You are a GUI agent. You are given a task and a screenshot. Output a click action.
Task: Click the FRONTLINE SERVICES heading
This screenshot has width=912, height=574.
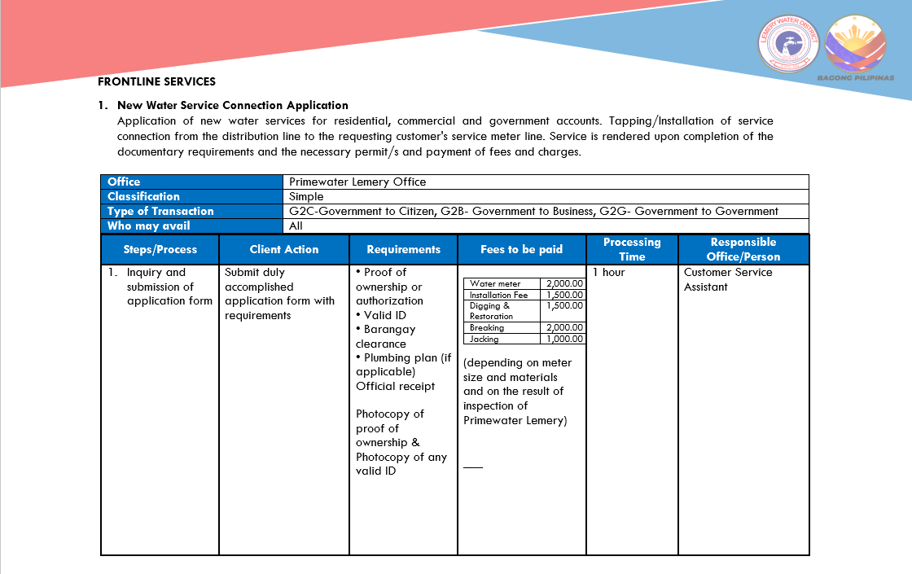pos(156,81)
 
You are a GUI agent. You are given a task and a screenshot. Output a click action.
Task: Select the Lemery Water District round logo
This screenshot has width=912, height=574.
pos(788,44)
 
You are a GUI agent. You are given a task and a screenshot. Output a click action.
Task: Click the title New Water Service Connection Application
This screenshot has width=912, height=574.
pos(233,105)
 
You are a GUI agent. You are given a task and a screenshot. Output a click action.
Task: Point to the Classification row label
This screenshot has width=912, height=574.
pos(143,196)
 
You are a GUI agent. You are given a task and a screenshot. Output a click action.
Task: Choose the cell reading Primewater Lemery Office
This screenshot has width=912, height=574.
pos(357,182)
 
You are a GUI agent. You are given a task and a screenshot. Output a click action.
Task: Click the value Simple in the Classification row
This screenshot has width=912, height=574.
pos(306,196)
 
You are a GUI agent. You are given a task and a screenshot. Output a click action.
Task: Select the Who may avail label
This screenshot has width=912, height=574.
pos(148,226)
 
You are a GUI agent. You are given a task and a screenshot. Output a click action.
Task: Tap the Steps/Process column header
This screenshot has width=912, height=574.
pos(160,249)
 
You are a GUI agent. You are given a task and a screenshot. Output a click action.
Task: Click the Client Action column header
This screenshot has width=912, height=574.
pos(284,249)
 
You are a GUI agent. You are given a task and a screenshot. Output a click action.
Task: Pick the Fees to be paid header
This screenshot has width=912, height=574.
pos(521,249)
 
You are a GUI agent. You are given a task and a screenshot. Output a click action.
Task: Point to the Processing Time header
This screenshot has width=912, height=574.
pos(632,249)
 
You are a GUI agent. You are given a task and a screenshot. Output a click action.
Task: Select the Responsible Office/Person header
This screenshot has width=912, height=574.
pos(743,249)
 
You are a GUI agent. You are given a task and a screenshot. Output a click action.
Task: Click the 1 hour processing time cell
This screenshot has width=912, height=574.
pos(608,272)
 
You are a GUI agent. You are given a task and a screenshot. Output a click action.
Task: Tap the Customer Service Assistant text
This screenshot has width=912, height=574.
pos(728,279)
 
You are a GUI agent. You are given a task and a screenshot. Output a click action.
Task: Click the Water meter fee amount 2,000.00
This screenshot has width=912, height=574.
pos(564,283)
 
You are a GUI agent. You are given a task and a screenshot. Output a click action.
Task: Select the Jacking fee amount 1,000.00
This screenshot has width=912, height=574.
pos(564,339)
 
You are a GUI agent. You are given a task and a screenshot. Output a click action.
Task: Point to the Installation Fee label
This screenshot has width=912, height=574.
pos(498,295)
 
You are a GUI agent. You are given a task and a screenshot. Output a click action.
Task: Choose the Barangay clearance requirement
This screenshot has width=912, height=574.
pos(385,336)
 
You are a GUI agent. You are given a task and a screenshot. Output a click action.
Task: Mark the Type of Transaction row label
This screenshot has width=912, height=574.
pos(160,211)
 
